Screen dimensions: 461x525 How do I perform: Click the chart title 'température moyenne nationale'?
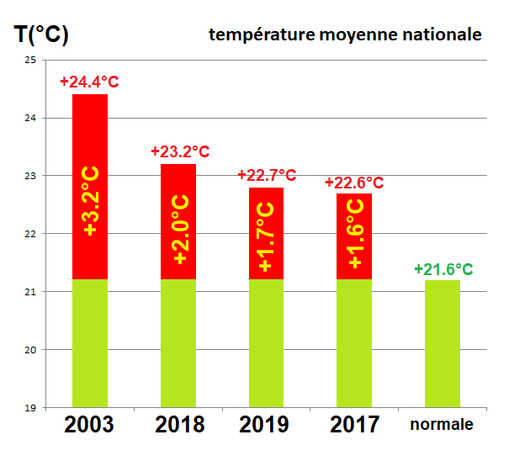pos(345,34)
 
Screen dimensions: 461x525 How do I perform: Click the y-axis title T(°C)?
pos(42,35)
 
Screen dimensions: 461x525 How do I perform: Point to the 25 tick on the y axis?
pos(29,61)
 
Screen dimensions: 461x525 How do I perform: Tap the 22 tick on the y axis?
pos(29,234)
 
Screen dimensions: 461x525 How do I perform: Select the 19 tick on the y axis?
pos(29,408)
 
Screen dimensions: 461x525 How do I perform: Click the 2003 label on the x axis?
pos(89,425)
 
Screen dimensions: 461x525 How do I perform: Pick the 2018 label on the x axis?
pos(179,425)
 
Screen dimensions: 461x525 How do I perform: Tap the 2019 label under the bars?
pos(266,425)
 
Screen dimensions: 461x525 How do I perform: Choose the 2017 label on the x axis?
pos(354,425)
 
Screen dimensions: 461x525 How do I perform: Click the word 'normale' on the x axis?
pos(442,425)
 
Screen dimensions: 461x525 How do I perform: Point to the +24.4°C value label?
pos(89,82)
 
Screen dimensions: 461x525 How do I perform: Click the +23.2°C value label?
pos(179,151)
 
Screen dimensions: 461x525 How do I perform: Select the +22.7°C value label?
pos(267,175)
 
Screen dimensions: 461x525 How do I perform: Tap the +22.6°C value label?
pos(354,183)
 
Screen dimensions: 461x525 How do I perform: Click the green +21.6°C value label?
pos(443,269)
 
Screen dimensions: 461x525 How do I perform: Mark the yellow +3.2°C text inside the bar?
pos(91,200)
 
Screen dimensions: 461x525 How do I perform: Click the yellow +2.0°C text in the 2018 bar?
pos(180,230)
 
